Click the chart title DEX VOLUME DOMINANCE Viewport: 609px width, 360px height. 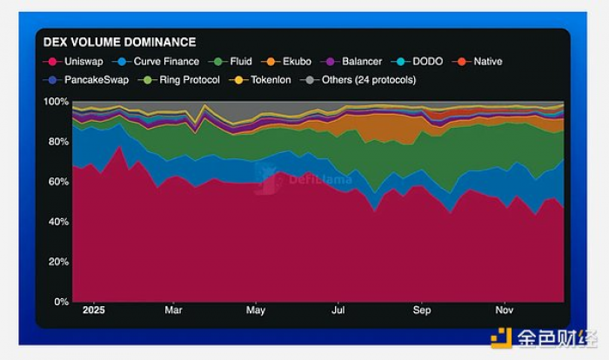119,42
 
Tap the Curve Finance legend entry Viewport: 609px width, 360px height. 159,62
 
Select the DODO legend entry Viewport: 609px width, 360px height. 420,62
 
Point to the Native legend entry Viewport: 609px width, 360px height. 481,62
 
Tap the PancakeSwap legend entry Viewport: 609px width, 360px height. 85,80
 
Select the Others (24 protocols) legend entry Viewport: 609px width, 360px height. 364,80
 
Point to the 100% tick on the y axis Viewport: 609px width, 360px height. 57,102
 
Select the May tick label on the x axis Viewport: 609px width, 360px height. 256,310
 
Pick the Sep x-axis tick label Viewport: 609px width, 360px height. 422,310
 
